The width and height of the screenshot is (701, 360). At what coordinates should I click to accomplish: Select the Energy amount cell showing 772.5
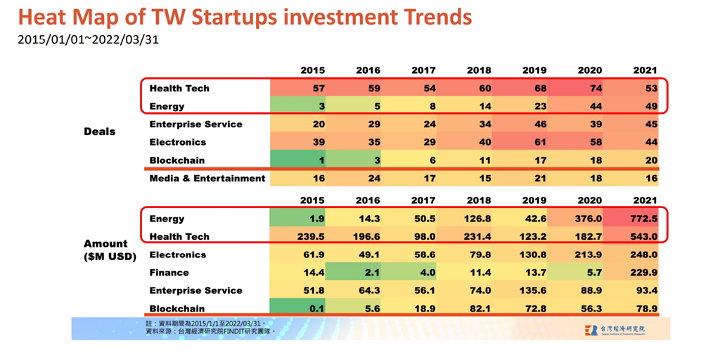pyautogui.click(x=631, y=219)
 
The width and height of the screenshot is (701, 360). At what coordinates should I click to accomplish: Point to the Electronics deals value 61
pyautogui.click(x=540, y=142)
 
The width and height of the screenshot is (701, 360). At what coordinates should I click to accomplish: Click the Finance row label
pyautogui.click(x=169, y=272)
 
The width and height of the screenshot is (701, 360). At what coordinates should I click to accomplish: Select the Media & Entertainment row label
pyautogui.click(x=207, y=179)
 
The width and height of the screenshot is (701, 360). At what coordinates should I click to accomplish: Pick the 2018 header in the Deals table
pyautogui.click(x=479, y=70)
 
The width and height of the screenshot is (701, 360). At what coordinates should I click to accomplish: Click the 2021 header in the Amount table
pyautogui.click(x=645, y=200)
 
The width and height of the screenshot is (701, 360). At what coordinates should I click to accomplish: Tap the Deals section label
pyautogui.click(x=100, y=131)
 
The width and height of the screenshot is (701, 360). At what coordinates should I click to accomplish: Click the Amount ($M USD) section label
pyautogui.click(x=110, y=250)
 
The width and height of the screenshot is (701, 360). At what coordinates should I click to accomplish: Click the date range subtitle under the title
pyautogui.click(x=88, y=39)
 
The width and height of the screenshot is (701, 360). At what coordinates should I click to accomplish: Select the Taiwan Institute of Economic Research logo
pyautogui.click(x=615, y=330)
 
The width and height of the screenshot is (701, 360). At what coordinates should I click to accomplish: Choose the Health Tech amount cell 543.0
pyautogui.click(x=631, y=236)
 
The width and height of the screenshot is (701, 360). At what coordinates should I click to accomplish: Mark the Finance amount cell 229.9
pyautogui.click(x=631, y=272)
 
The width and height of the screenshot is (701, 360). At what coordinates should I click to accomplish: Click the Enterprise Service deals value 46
pyautogui.click(x=540, y=124)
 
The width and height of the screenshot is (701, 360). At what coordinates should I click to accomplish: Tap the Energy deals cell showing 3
pyautogui.click(x=297, y=106)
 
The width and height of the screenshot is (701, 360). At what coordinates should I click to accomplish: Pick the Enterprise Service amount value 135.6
pyautogui.click(x=533, y=290)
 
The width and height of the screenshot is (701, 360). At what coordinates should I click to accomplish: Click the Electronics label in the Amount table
pyautogui.click(x=177, y=255)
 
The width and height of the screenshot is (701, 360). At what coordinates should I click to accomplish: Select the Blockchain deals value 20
pyautogui.click(x=651, y=160)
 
